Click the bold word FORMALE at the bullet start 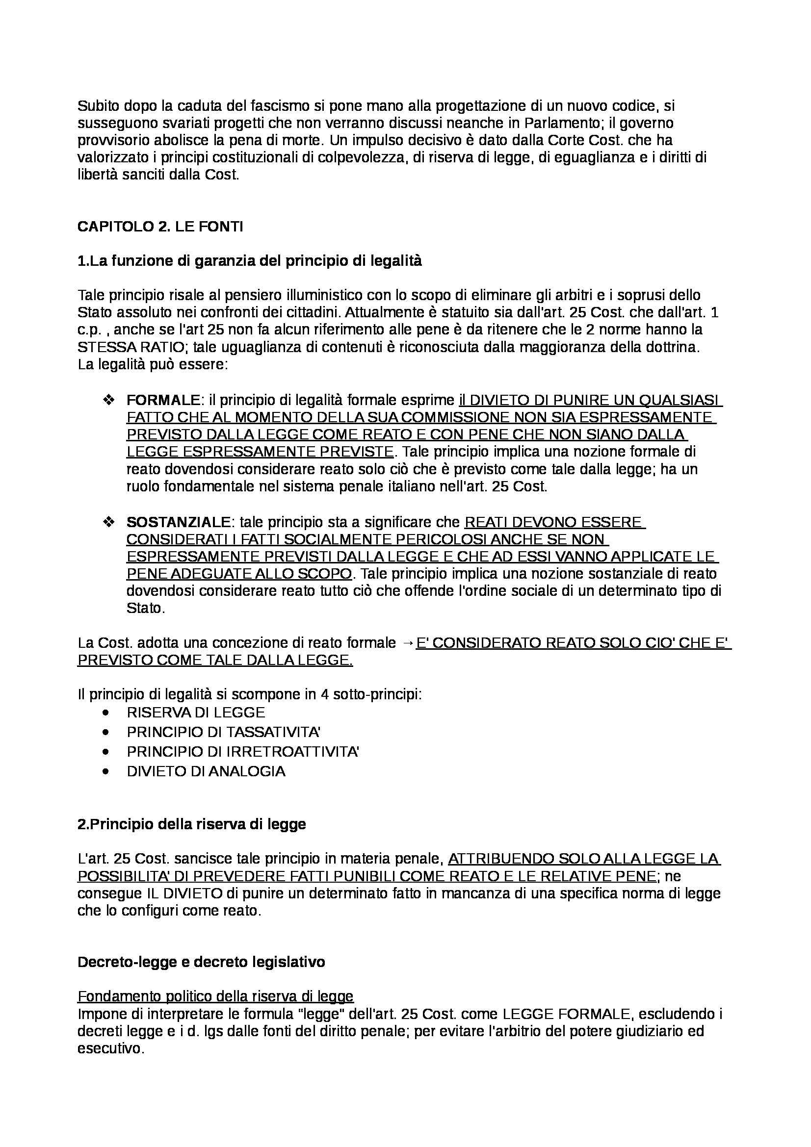point(163,400)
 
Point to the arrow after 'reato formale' point(407,643)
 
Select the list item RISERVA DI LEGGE point(195,712)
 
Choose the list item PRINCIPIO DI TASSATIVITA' point(223,732)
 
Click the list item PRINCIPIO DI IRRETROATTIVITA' point(243,751)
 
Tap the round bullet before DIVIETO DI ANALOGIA point(105,771)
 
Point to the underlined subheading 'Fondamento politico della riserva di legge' point(215,996)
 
